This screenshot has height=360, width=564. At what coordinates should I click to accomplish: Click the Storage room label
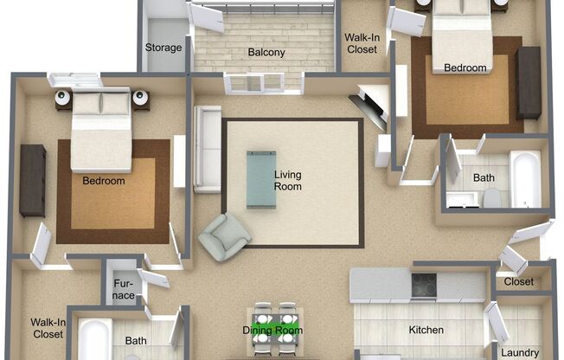coord(163,48)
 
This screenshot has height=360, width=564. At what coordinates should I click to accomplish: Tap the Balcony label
coord(266,53)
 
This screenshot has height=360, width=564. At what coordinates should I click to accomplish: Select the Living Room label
coord(288,181)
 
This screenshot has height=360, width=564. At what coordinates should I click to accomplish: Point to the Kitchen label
coord(426,330)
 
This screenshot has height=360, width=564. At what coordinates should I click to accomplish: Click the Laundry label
coord(520,353)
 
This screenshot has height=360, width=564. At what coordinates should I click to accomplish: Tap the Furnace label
coord(124,289)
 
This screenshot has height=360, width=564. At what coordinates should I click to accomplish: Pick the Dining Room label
coord(272,330)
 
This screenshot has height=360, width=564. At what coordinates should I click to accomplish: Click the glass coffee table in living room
coord(261,180)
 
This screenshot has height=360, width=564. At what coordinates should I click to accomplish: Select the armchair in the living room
coord(224,236)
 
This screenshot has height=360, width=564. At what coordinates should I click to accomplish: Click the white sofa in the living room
coord(208,149)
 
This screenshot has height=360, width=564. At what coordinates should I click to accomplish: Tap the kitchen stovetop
coord(424,285)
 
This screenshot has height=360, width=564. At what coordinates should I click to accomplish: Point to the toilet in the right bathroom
coord(492,198)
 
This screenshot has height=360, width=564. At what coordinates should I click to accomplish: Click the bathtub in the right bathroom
coord(525,179)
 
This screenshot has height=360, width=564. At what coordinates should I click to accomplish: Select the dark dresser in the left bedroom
coord(33,181)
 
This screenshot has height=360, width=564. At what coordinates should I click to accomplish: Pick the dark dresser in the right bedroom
coord(529,83)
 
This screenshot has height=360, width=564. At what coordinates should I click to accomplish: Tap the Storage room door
coord(207,18)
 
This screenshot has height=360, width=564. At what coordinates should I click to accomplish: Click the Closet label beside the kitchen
coord(519,281)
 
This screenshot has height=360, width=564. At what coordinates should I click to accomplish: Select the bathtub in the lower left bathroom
coord(94,338)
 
